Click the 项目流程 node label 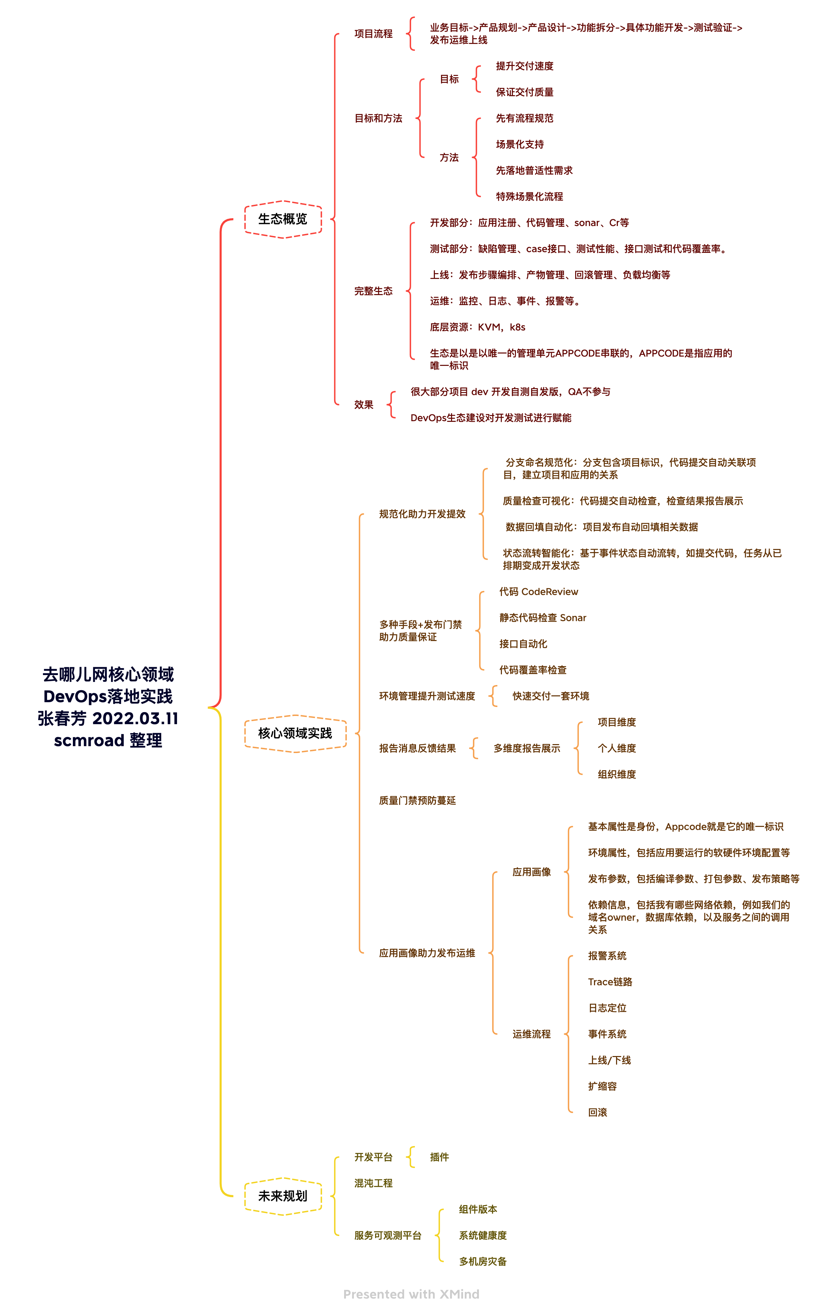pyautogui.click(x=373, y=34)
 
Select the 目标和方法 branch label pyautogui.click(x=378, y=118)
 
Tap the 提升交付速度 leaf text pyautogui.click(x=524, y=66)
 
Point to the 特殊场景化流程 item pyautogui.click(x=529, y=197)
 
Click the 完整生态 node pyautogui.click(x=373, y=291)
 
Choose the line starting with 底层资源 pyautogui.click(x=478, y=327)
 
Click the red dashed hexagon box pyautogui.click(x=283, y=219)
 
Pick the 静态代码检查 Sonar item pyautogui.click(x=543, y=617)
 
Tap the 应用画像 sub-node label pyautogui.click(x=531, y=872)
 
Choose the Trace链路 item pyautogui.click(x=610, y=982)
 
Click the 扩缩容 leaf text pyautogui.click(x=602, y=1086)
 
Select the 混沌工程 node pyautogui.click(x=373, y=1183)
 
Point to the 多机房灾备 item pyautogui.click(x=482, y=1261)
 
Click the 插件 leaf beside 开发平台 pyautogui.click(x=439, y=1157)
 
